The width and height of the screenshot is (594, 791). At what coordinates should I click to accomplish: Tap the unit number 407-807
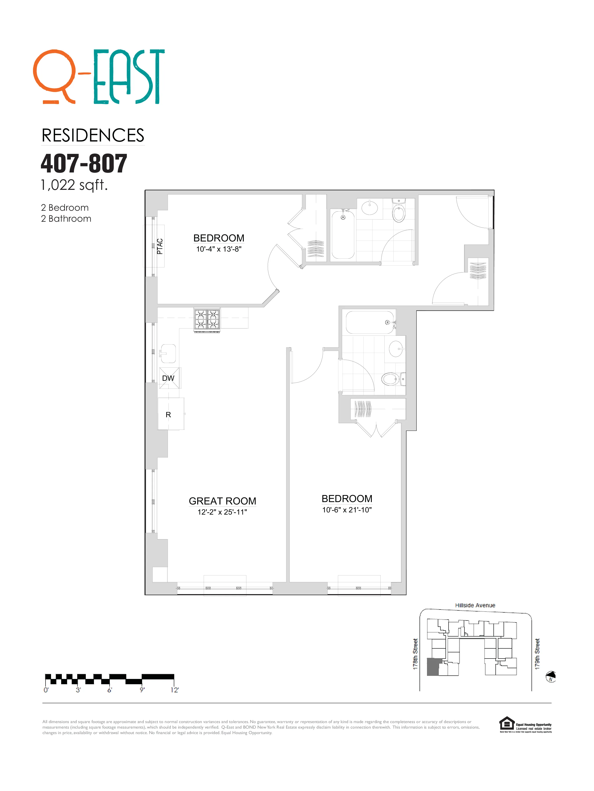84,163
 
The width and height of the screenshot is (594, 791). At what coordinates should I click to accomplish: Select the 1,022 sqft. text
74,185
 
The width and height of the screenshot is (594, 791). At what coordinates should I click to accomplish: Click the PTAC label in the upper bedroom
160,246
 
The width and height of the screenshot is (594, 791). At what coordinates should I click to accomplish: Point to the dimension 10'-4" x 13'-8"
218,249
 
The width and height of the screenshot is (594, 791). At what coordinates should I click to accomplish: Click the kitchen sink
168,353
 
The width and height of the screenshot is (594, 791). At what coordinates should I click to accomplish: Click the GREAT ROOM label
222,501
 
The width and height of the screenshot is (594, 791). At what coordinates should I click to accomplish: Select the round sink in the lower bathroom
396,349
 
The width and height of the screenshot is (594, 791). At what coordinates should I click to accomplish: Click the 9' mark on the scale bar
142,689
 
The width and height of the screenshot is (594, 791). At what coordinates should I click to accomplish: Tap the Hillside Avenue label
475,605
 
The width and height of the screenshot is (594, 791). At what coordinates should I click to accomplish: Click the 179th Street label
537,654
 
